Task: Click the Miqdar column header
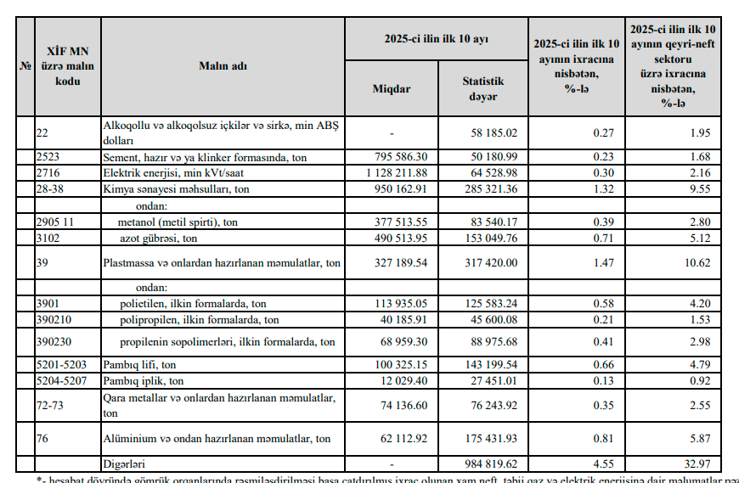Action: [x=392, y=89]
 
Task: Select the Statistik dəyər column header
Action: [x=482, y=89]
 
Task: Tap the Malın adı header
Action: [x=223, y=66]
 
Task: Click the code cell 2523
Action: [x=49, y=157]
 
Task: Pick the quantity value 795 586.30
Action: [x=400, y=157]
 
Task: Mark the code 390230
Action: [x=55, y=342]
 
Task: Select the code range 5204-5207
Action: [x=62, y=381]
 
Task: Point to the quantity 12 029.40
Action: [x=403, y=381]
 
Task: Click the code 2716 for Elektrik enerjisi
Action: [x=49, y=172]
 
